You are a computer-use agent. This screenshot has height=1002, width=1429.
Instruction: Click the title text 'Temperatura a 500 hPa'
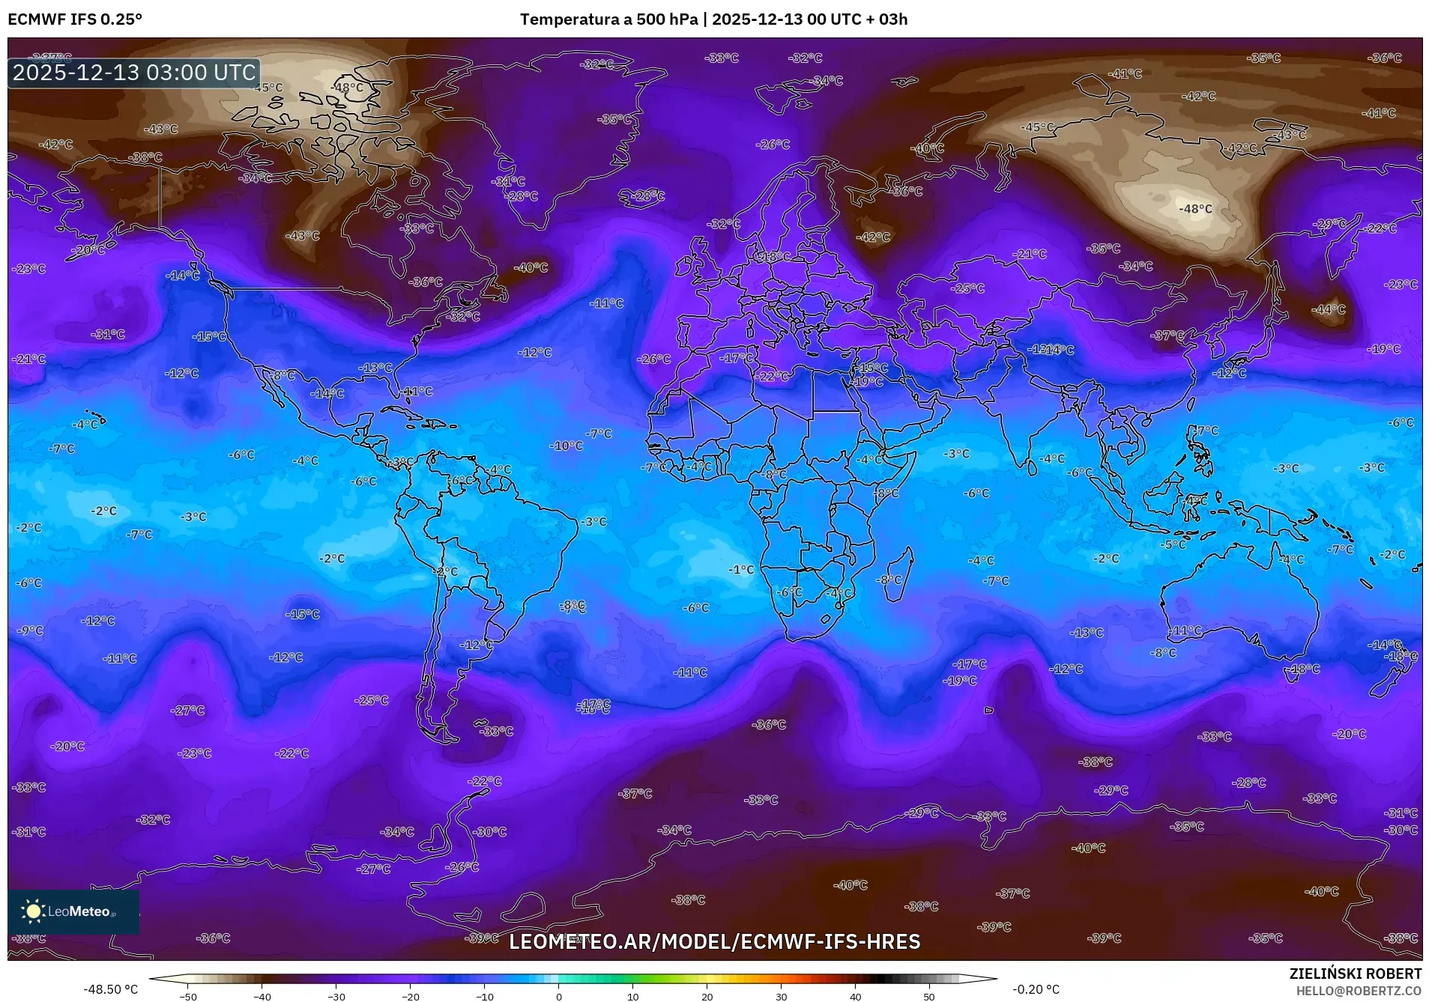click(609, 19)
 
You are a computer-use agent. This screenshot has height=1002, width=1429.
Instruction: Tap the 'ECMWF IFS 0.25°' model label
click(75, 19)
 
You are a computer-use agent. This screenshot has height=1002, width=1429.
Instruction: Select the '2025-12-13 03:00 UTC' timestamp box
click(134, 73)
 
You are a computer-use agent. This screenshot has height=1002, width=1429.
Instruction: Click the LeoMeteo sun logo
click(33, 911)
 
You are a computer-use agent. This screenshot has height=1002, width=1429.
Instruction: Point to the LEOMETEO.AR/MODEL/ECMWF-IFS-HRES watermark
click(714, 941)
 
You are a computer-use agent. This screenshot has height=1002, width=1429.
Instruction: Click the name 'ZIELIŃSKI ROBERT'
click(1355, 974)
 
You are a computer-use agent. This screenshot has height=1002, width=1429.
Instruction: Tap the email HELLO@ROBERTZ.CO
click(1359, 990)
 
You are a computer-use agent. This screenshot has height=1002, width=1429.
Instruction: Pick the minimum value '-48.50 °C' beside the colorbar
click(111, 989)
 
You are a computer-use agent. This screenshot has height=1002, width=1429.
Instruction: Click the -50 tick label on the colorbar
click(188, 997)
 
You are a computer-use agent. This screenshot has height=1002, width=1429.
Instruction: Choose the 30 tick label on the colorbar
click(781, 997)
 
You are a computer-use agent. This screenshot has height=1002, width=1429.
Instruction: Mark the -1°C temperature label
click(741, 570)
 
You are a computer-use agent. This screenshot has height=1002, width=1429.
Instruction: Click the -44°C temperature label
click(1329, 309)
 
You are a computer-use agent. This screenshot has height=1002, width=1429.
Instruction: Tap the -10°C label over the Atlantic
click(566, 446)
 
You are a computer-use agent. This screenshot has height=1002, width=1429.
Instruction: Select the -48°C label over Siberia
click(1195, 209)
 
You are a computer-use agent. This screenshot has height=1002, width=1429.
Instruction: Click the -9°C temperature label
click(30, 631)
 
